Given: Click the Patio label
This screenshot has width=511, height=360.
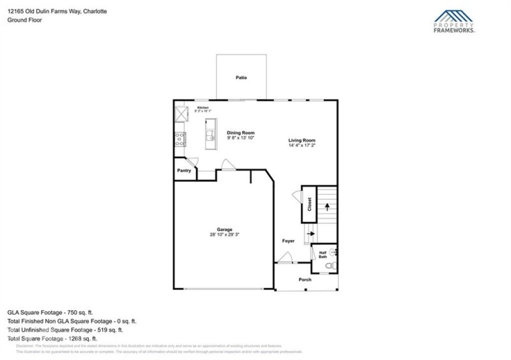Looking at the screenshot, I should point(241,78).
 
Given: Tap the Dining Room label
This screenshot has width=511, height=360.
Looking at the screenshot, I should point(241,133).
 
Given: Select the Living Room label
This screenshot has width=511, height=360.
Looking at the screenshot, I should point(301,140).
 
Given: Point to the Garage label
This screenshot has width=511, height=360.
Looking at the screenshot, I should point(224,229).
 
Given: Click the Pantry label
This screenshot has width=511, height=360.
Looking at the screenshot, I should point(184,170).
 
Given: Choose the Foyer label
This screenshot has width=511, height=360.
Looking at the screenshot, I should point(288,241).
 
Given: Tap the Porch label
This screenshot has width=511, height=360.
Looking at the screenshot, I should point(305,280).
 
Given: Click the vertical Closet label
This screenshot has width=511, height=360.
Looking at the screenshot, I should point(309,204).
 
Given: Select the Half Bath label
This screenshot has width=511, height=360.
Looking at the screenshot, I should point(323,254).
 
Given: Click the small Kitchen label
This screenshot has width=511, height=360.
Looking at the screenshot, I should point(203,107).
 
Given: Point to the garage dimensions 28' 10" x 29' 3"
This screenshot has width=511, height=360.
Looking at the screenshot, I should point(224,235).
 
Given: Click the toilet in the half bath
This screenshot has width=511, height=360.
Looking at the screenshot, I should point(330,265).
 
